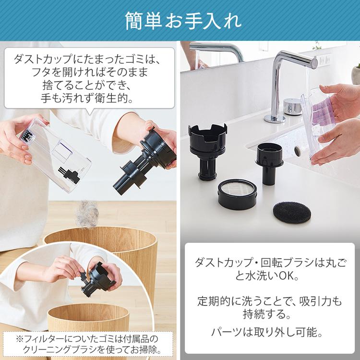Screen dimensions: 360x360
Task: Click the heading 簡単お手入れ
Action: (180, 20)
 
